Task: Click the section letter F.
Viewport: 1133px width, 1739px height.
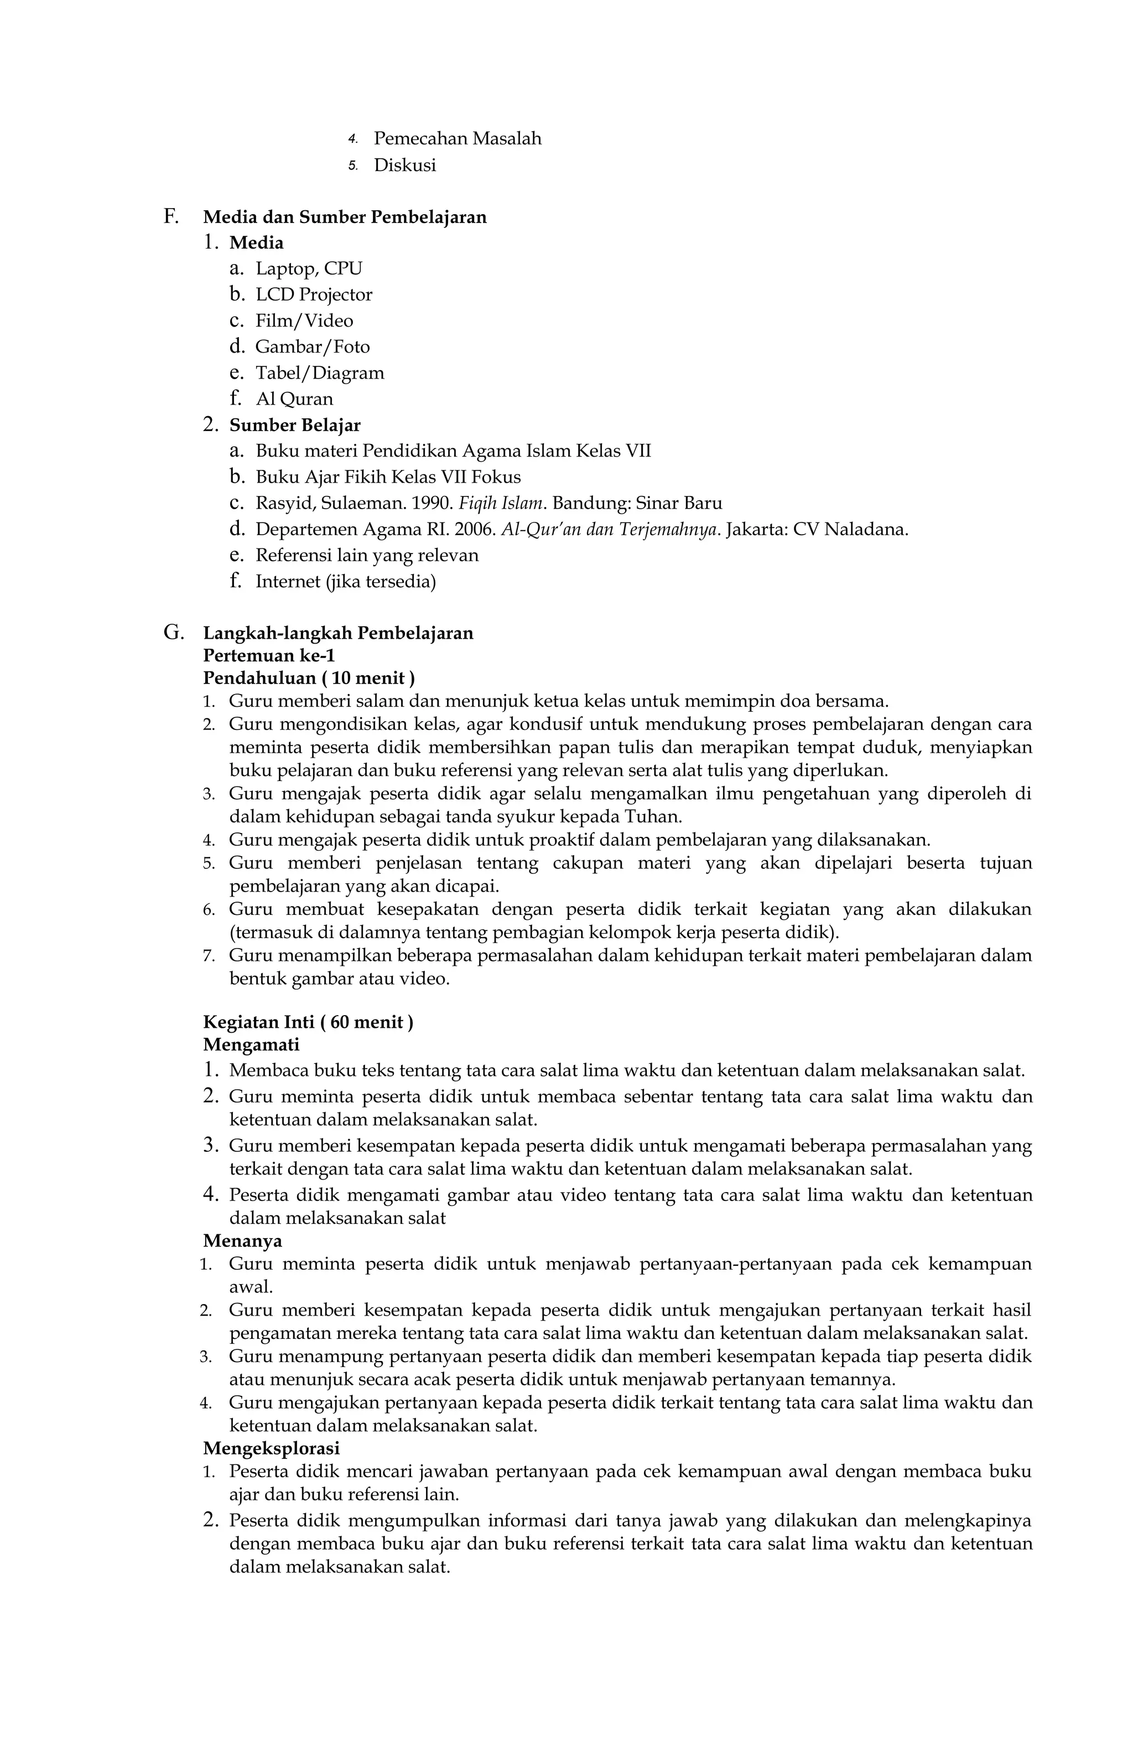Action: click(x=170, y=216)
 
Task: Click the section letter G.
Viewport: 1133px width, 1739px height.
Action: click(x=173, y=632)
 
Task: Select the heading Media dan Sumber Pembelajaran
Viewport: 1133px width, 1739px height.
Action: click(x=344, y=217)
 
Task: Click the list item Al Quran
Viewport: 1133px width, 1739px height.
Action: click(x=294, y=399)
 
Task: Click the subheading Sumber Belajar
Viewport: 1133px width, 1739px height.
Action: click(x=294, y=425)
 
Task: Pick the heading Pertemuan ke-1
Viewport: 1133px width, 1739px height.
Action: click(x=269, y=655)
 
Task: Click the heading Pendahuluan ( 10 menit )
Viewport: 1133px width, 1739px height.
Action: click(x=308, y=678)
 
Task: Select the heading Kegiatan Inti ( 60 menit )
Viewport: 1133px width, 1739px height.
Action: click(x=308, y=1022)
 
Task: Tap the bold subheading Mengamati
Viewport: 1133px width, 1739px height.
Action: click(x=251, y=1045)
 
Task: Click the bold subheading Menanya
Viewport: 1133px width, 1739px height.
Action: click(x=242, y=1241)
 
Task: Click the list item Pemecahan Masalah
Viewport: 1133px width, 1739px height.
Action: click(x=458, y=138)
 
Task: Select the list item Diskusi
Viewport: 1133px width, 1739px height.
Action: click(x=405, y=165)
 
